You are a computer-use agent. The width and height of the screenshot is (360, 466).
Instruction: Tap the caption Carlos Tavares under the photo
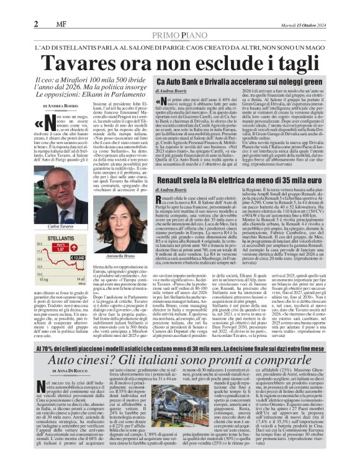click(x=56, y=228)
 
